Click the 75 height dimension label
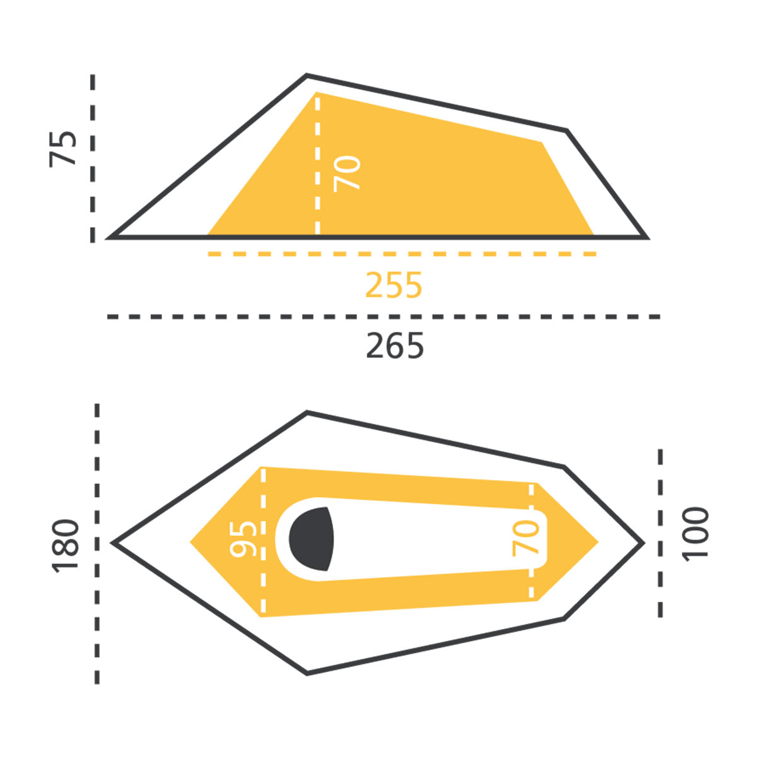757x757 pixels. (62, 149)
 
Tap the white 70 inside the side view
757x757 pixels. (347, 173)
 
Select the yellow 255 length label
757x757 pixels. (394, 285)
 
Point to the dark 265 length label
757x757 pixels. (395, 345)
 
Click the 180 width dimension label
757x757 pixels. (66, 546)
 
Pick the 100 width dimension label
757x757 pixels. (695, 534)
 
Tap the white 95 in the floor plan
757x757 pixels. (244, 539)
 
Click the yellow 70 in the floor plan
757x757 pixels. (525, 538)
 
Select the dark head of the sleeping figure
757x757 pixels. (311, 539)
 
